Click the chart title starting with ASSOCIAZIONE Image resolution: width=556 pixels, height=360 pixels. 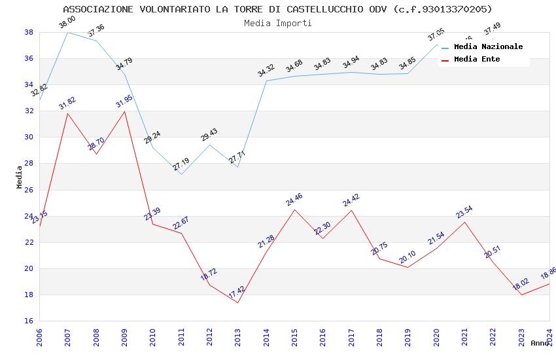tap(277, 9)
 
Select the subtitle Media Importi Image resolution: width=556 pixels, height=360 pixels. tap(277, 23)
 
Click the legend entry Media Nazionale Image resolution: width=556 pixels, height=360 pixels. tap(488, 47)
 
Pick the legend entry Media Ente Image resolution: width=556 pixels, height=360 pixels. tap(477, 60)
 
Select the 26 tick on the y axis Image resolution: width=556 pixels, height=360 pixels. tap(29, 190)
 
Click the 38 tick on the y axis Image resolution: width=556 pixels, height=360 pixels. tap(29, 32)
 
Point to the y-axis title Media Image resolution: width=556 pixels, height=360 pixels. tap(20, 177)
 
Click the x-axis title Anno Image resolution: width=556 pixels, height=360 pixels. tap(540, 343)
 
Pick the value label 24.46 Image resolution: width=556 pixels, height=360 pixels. tap(294, 200)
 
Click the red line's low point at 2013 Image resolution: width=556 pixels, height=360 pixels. tap(237, 302)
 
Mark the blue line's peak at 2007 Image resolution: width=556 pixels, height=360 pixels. tap(67, 32)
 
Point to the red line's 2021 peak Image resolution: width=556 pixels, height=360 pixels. tap(464, 222)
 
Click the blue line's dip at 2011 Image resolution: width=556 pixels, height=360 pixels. tap(181, 174)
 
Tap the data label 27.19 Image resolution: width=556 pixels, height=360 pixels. tap(181, 165)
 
